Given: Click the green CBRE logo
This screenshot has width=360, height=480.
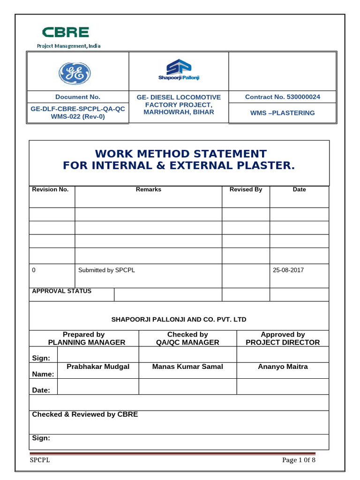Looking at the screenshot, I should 65,32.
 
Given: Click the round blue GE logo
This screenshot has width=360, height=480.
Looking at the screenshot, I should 74,74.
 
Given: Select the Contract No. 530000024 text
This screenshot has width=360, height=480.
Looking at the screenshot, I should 283,97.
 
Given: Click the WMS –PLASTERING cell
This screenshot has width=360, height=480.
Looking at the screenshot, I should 283,113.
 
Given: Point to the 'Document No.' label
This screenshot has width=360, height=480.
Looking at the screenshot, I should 78,97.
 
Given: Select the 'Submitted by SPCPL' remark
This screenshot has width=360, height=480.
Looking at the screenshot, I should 106,270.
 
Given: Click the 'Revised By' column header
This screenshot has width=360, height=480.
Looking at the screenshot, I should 246,189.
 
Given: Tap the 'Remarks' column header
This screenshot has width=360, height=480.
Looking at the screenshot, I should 148,189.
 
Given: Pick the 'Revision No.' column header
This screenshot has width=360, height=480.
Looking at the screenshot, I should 50,189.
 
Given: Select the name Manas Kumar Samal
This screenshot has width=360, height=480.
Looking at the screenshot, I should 187,367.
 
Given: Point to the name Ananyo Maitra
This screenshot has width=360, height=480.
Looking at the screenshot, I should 283,367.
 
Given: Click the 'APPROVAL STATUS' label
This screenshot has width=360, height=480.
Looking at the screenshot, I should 61,291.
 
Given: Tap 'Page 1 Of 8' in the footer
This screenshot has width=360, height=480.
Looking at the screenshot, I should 299,460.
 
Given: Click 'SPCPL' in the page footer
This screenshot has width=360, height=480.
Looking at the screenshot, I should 40,460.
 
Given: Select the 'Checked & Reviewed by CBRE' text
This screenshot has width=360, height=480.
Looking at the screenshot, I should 85,414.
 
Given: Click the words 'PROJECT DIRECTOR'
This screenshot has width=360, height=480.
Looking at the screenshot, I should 283,342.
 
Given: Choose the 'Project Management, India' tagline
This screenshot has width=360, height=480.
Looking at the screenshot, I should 69,46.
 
